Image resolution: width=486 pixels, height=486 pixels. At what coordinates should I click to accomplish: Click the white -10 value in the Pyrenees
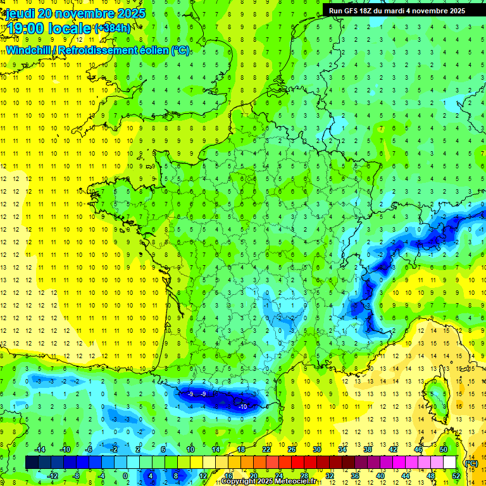click(243, 407)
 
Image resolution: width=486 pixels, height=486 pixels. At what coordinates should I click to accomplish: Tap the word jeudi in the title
click(20, 13)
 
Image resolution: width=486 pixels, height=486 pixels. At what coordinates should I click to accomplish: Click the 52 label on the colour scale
click(456, 475)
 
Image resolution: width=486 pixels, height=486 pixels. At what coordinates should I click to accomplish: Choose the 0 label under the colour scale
click(125, 475)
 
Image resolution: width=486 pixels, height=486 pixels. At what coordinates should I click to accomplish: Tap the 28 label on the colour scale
click(304, 475)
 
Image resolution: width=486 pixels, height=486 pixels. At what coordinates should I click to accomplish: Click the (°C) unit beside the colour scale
click(471, 463)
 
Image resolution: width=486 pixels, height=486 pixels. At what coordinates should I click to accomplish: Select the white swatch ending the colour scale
click(450, 463)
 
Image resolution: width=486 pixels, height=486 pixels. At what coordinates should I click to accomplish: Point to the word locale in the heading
click(70, 28)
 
